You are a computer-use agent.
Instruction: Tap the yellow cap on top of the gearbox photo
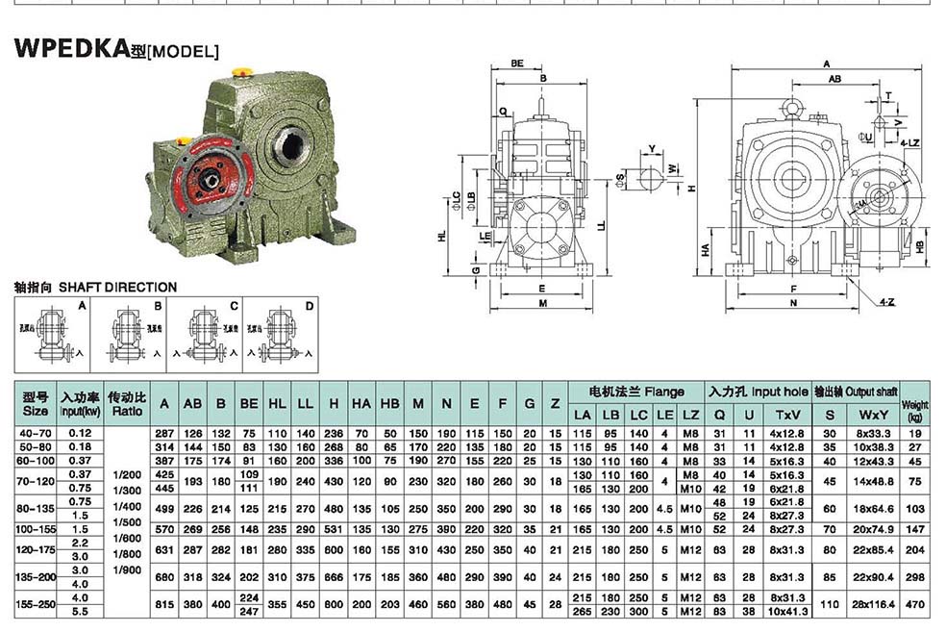point(244,70)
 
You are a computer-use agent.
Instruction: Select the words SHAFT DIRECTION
point(117,287)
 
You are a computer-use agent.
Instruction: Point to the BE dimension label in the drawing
point(517,63)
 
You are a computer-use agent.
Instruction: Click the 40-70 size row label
point(36,434)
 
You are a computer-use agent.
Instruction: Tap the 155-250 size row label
point(36,604)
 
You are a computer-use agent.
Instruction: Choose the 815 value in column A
point(164,604)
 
